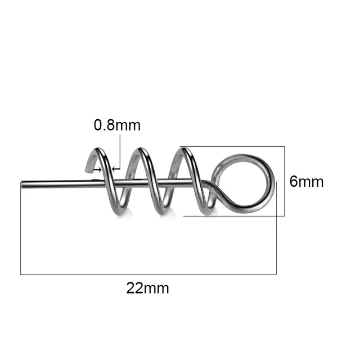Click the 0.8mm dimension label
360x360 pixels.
[117, 125]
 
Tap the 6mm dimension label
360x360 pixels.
[307, 182]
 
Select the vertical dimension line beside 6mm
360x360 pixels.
[285, 181]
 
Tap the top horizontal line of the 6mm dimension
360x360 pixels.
[236, 146]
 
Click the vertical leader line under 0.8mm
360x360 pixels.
[120, 149]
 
